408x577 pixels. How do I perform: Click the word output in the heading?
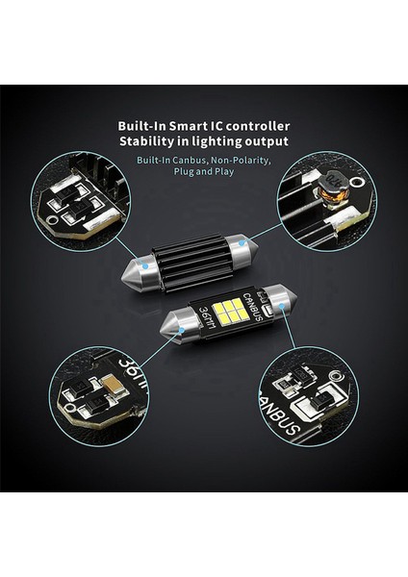265,142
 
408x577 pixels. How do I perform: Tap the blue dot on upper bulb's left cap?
143,262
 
